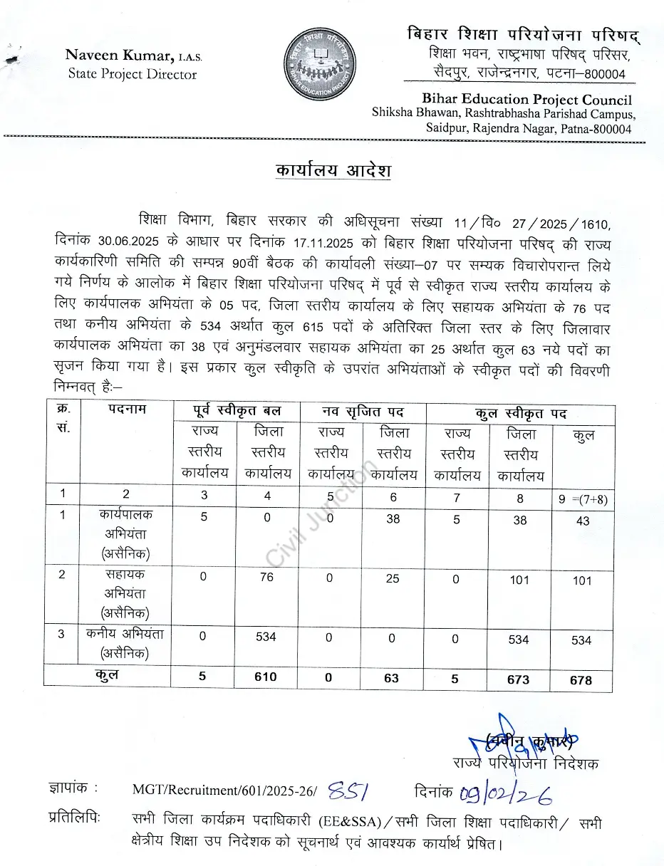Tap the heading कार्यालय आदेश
point(333,172)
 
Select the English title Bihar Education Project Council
point(526,99)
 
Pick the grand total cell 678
point(581,679)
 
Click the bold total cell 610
point(266,677)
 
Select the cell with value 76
point(266,577)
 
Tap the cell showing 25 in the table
point(393,578)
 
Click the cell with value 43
point(583,521)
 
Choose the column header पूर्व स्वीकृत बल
point(237,411)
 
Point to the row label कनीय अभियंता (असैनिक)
point(125,642)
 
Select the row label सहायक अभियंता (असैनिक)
point(125,593)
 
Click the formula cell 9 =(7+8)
point(583,500)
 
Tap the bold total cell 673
point(518,679)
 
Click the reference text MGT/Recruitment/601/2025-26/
point(226,790)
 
